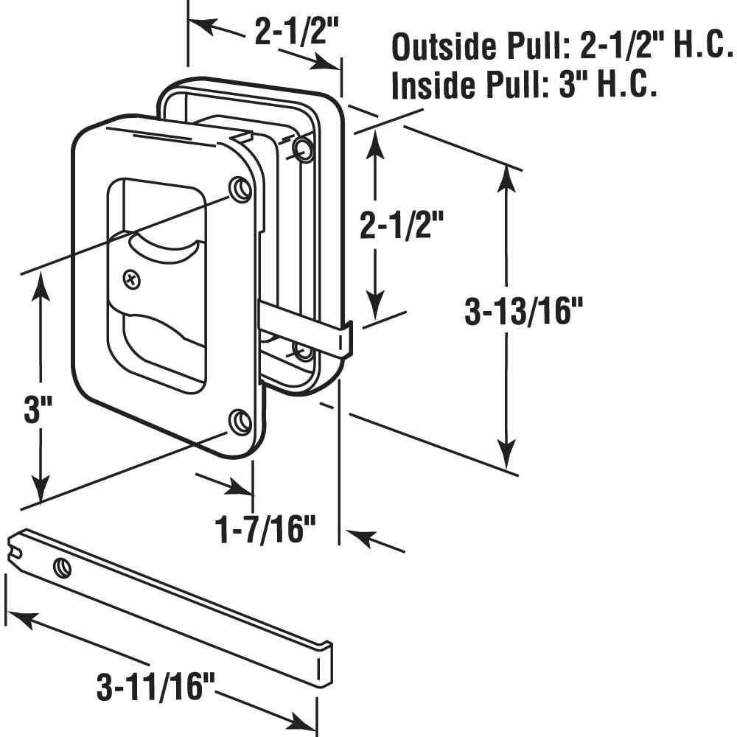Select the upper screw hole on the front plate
tap(240, 190)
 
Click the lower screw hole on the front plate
tap(240, 422)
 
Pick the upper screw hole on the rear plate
tap(303, 150)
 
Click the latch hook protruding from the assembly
tap(342, 339)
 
